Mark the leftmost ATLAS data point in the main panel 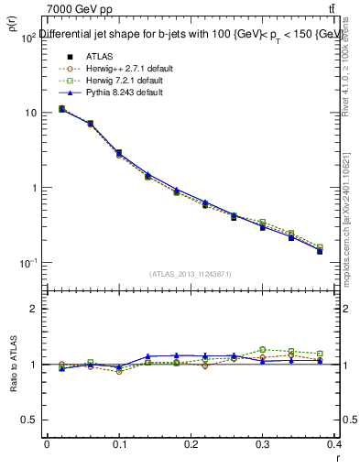click(61, 109)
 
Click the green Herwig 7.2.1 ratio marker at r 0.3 click(263, 349)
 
